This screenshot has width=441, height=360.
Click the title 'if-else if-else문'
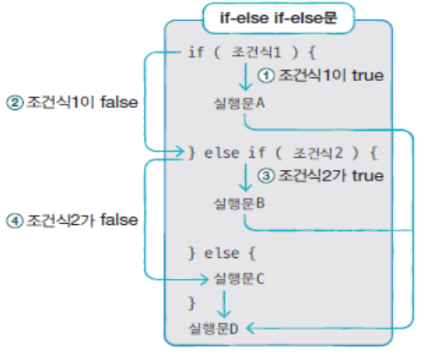278,18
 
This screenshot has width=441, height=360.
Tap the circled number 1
266,76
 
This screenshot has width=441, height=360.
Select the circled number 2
15,103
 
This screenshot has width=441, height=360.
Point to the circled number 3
266,176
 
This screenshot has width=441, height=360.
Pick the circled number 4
15,221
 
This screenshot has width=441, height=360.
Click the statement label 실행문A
239,103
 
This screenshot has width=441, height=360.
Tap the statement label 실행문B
239,203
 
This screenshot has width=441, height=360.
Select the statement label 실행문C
239,279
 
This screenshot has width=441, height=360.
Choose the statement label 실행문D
214,329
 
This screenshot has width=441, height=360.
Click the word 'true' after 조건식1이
368,76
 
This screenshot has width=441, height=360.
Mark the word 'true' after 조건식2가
368,176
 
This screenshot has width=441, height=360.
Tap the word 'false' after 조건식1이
119,102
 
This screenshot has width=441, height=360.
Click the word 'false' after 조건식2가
119,220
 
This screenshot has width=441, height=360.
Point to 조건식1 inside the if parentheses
256,52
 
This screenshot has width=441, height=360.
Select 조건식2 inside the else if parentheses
318,153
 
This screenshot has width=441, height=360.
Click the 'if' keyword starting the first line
196,52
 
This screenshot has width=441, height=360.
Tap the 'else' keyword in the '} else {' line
221,254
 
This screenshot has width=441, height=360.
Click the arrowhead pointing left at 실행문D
250,329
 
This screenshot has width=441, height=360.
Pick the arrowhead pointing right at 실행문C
205,280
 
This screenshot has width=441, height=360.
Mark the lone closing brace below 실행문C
192,303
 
